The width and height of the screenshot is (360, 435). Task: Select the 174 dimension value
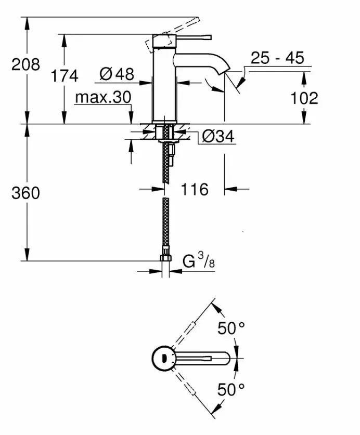tap(65, 76)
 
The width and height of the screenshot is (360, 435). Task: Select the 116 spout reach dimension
tap(195, 189)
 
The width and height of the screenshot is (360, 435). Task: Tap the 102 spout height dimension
tap(304, 98)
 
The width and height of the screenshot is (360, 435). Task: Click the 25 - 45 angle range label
tap(277, 58)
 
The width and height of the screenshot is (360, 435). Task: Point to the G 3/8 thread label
tap(198, 261)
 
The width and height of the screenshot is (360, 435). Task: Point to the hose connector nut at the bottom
tap(165, 258)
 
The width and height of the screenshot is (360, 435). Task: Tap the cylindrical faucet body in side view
tap(163, 83)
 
